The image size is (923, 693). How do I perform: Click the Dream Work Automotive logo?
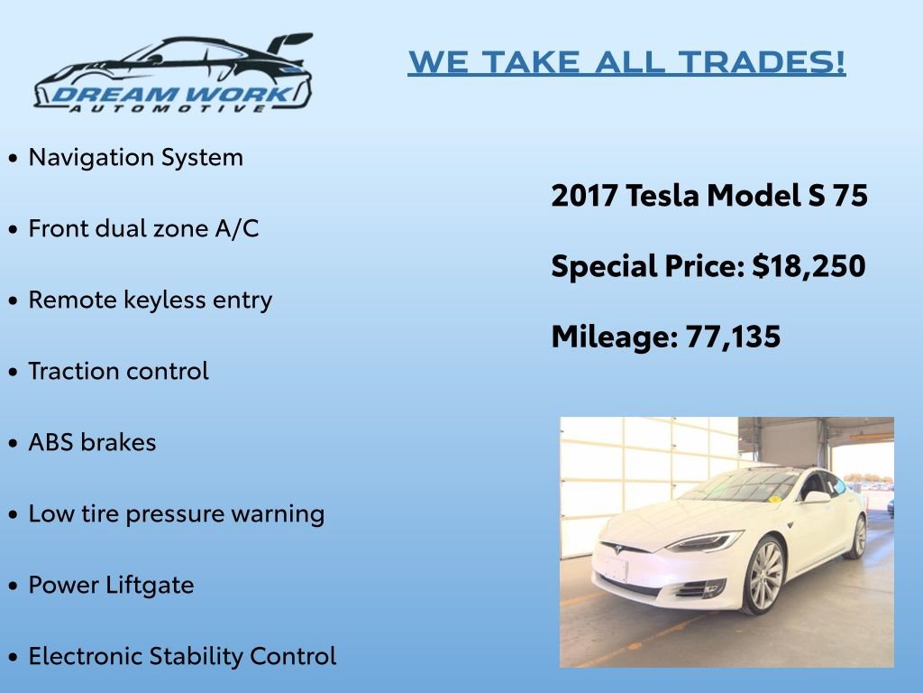[173, 74]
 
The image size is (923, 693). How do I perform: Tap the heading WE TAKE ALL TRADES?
[626, 62]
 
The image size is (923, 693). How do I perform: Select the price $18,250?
[809, 266]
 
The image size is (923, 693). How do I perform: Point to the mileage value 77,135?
[733, 337]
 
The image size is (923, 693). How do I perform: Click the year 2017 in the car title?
[584, 196]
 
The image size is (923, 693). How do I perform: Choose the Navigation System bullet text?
[136, 157]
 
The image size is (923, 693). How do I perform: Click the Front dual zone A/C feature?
[143, 228]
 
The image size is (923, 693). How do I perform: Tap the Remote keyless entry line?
[151, 300]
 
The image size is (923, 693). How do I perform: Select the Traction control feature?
[118, 371]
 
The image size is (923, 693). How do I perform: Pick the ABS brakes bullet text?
[92, 442]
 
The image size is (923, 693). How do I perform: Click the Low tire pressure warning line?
[177, 513]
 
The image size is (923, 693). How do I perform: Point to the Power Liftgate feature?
[111, 585]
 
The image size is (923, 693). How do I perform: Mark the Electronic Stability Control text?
[182, 656]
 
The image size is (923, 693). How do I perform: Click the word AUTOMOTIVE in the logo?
[169, 107]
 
